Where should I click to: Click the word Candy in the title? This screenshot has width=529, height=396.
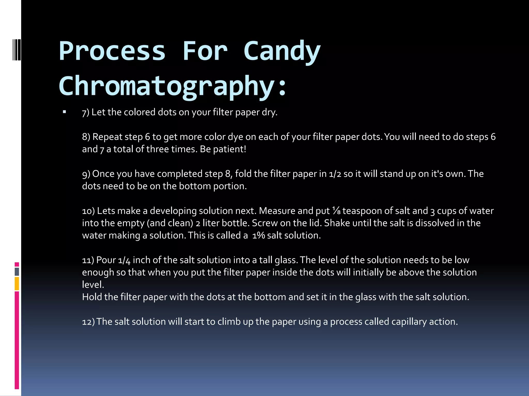282,52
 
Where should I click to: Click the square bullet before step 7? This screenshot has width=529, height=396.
64,112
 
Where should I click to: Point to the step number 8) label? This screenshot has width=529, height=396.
86,137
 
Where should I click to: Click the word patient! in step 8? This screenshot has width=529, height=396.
230,149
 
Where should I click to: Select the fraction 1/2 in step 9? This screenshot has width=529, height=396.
335,174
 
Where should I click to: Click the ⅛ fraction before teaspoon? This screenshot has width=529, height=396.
336,211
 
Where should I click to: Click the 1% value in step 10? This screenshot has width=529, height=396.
259,235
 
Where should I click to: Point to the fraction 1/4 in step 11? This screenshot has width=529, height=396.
124,260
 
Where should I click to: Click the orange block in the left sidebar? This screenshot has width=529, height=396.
17,284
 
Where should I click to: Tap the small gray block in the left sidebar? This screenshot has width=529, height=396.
17,272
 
